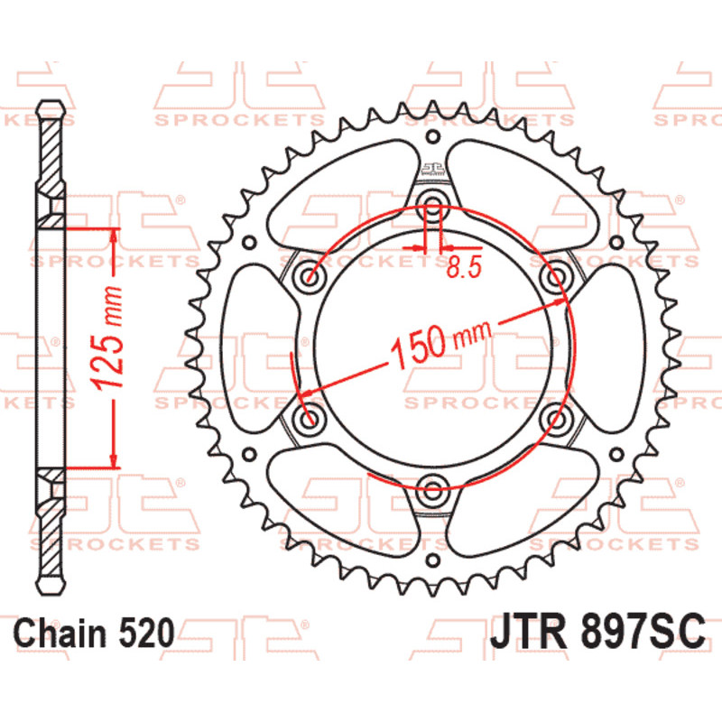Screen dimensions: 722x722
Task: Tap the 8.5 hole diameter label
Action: [x=464, y=266]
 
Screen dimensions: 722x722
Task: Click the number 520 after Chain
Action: [x=147, y=633]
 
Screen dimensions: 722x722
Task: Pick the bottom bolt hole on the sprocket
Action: [x=432, y=490]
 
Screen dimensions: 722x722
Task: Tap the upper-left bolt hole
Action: [x=310, y=277]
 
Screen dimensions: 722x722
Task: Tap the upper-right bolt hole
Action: [x=556, y=277]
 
